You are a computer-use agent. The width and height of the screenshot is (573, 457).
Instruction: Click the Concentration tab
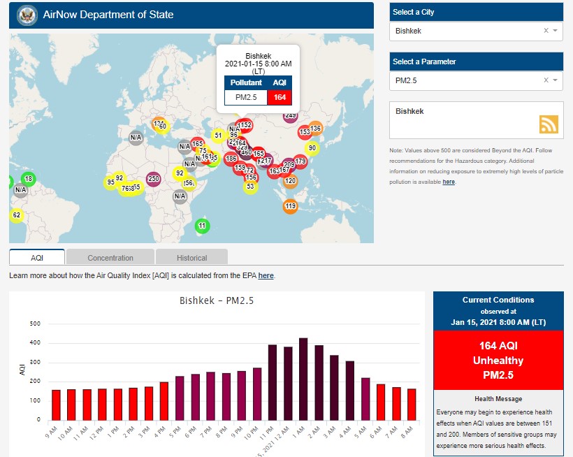point(110,257)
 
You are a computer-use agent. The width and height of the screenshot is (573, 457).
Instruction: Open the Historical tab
point(191,257)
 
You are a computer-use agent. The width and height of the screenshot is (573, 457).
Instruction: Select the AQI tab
point(37,257)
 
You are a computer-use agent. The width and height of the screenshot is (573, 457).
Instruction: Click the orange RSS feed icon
point(549,124)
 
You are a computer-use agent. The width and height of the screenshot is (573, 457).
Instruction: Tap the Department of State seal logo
point(27,14)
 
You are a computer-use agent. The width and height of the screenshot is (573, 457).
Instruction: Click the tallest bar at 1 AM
point(303,378)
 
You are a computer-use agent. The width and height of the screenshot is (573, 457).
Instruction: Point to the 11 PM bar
point(273,382)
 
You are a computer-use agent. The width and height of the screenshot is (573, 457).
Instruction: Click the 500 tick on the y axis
point(34,324)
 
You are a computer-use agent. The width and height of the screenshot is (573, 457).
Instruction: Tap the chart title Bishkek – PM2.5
point(216,301)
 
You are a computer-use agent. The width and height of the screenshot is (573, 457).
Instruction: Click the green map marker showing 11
point(202,226)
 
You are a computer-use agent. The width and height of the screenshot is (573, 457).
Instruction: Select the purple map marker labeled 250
point(154,179)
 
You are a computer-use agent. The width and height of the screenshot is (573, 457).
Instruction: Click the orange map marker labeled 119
point(290,206)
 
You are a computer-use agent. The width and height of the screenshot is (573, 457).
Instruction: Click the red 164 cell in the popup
point(280,97)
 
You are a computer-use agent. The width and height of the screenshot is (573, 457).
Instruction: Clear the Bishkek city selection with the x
point(546,31)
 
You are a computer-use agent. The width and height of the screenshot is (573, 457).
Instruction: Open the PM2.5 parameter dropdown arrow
point(555,80)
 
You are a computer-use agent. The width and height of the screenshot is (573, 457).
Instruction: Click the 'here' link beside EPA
point(266,275)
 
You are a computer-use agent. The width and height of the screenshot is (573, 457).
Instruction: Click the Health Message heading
point(498,398)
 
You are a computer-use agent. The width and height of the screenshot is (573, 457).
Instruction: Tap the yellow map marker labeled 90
point(312,148)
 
